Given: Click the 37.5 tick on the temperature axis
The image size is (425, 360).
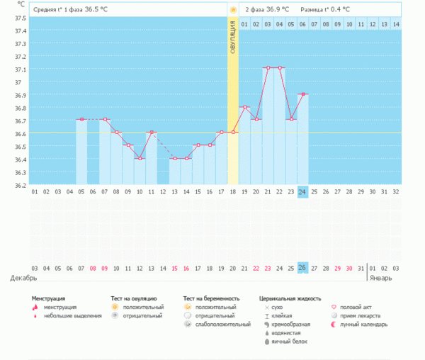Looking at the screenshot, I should click(x=21, y=30).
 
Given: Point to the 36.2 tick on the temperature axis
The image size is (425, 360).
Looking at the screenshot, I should click(x=21, y=185).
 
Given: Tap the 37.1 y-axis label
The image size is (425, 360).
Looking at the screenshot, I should click(x=21, y=69).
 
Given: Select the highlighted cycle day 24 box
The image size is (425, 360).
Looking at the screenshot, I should click(x=302, y=192).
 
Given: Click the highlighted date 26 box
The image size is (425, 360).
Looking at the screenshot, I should click(x=302, y=267).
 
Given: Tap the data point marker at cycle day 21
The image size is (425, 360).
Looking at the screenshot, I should click(x=267, y=68).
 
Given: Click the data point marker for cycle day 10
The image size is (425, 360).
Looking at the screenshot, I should click(x=140, y=158).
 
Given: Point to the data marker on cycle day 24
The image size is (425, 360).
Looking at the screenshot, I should click(x=302, y=94).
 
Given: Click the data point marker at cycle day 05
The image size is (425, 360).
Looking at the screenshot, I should click(x=81, y=119).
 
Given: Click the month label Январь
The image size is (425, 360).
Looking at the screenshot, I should click(x=381, y=278).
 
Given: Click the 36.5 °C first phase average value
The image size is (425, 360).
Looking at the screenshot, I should click(x=98, y=10).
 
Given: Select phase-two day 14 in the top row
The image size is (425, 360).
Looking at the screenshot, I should click(x=395, y=24).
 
